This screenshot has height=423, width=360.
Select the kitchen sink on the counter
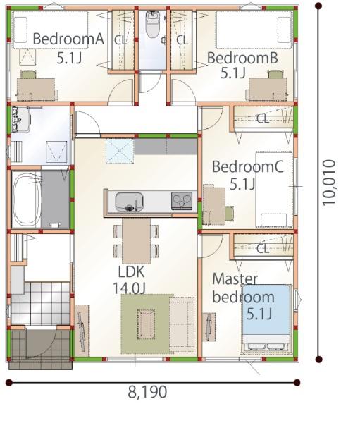[129, 201]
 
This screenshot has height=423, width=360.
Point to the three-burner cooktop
[182, 201]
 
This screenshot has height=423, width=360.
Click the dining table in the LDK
[136, 240]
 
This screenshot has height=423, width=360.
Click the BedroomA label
[68, 39]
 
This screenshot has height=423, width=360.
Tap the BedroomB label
[242, 58]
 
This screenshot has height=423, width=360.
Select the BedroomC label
[247, 166]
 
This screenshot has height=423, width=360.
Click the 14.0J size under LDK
[129, 288]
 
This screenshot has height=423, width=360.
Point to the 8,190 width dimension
[147, 392]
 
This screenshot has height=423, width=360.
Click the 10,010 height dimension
[329, 183]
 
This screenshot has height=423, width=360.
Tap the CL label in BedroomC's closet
[263, 118]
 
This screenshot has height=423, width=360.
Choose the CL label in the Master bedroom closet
[263, 248]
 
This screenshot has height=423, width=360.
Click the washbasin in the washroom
[20, 120]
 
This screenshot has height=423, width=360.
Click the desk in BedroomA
[36, 90]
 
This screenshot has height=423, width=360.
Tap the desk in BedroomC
[214, 206]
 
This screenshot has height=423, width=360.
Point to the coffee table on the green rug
[146, 324]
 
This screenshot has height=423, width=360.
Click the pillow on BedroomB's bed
[284, 30]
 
